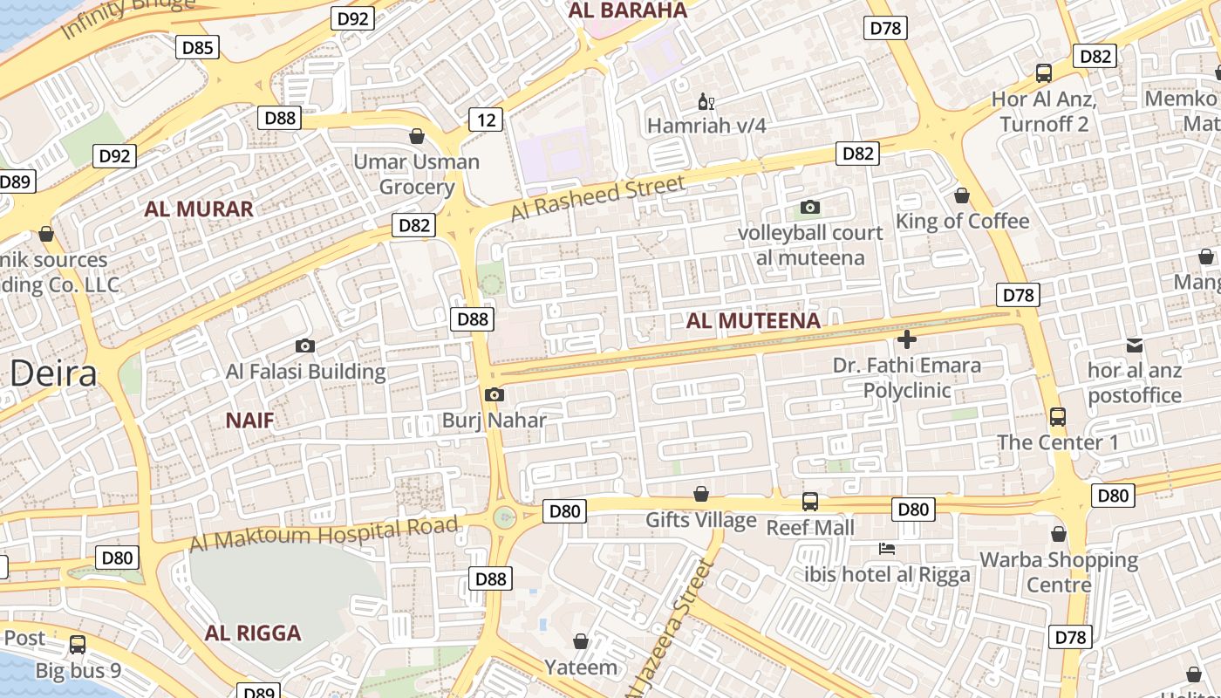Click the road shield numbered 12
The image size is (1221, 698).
[485, 120]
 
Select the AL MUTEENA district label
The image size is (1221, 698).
[753, 320]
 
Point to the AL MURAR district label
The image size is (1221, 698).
[199, 209]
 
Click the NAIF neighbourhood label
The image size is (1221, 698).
[249, 421]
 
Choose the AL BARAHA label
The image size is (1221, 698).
[628, 10]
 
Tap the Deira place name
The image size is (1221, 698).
[53, 373]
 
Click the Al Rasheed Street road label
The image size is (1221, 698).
[598, 198]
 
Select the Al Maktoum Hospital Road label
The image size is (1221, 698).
[324, 534]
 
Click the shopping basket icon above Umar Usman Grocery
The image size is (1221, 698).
[417, 136]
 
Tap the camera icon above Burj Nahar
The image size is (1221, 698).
[494, 395]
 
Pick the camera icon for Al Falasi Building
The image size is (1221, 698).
[304, 346]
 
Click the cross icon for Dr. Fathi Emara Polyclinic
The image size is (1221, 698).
[906, 339]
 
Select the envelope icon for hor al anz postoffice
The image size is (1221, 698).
[1135, 346]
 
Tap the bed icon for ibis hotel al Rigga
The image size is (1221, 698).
[886, 549]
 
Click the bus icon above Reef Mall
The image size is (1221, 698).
[810, 502]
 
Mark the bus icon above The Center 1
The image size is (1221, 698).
[1057, 417]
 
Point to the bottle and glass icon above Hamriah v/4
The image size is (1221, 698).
[706, 101]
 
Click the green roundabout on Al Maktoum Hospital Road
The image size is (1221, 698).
[505, 517]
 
